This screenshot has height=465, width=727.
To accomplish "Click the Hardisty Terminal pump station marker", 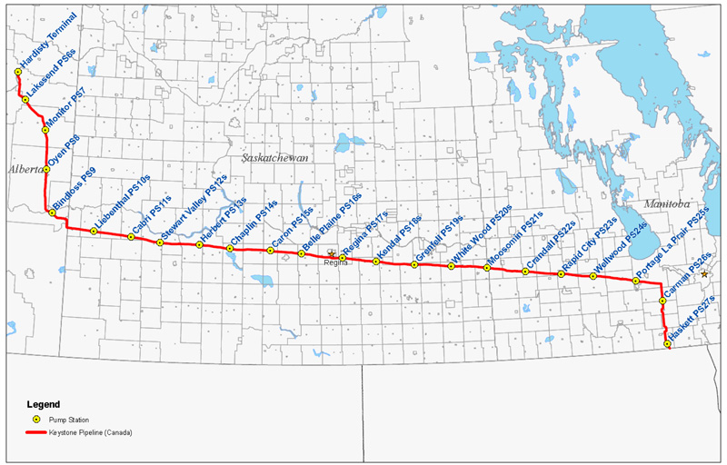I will coord(18,72).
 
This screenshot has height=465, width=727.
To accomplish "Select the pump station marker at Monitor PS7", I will coord(45,130).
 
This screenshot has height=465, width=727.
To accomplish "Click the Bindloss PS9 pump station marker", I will coord(52,213).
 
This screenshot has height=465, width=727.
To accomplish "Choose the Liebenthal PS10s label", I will coord(123,205).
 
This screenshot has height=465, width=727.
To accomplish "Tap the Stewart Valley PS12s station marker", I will coord(161,242).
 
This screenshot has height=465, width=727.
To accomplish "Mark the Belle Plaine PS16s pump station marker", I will coord(302,253).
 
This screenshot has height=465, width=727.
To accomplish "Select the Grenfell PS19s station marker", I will coord(414,264).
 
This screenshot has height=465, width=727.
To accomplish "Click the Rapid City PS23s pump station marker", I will coord(562,273).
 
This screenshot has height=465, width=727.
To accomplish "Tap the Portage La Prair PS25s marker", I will coord(636,282).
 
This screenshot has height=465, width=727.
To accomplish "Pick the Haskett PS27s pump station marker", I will coord(668,344).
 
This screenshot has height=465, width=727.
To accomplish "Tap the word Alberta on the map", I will coord(25,170).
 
